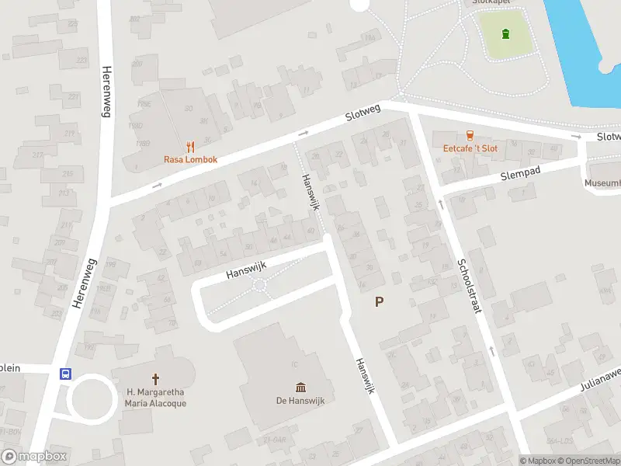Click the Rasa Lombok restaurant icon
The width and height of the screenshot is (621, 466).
click(x=190, y=146)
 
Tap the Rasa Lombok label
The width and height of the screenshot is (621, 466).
click(x=190, y=159)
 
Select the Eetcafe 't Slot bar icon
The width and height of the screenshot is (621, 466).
click(x=470, y=135)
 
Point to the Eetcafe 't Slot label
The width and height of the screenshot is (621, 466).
click(x=470, y=148)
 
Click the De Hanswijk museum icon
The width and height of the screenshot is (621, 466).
click(x=300, y=387)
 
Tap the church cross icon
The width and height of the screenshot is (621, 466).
click(x=155, y=379)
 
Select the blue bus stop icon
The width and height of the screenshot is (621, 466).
click(x=66, y=374)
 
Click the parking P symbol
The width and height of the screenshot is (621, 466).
click(x=379, y=302)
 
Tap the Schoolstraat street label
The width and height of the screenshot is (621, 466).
click(x=469, y=285)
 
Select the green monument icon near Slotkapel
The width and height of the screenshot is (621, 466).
click(x=506, y=34)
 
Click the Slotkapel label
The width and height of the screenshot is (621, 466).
click(x=490, y=3)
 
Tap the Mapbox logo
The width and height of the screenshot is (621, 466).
click(x=34, y=457)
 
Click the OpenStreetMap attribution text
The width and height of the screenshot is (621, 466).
click(x=592, y=461)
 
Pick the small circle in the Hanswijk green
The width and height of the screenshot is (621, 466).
click(x=259, y=287)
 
